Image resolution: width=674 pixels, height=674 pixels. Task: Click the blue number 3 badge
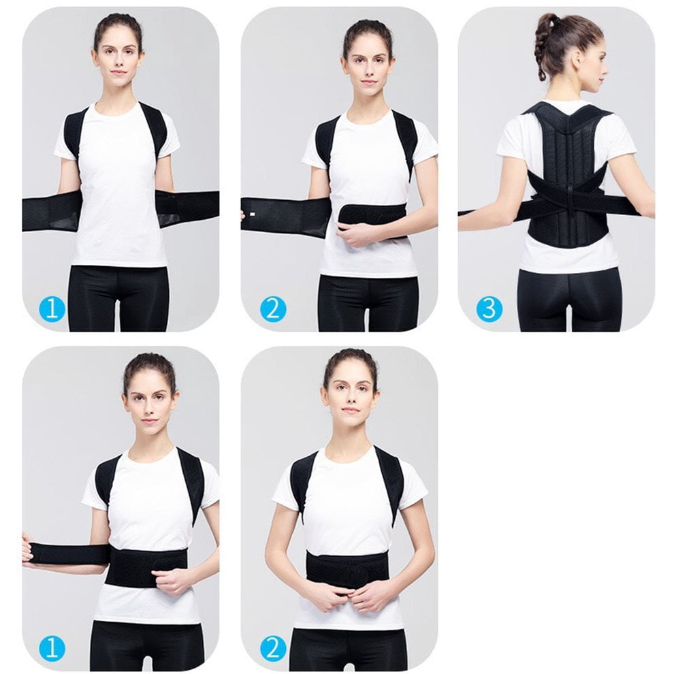click(489, 308)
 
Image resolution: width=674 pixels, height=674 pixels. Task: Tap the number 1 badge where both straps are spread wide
click(52, 308)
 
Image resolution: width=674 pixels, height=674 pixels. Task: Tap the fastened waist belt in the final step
click(347, 571)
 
